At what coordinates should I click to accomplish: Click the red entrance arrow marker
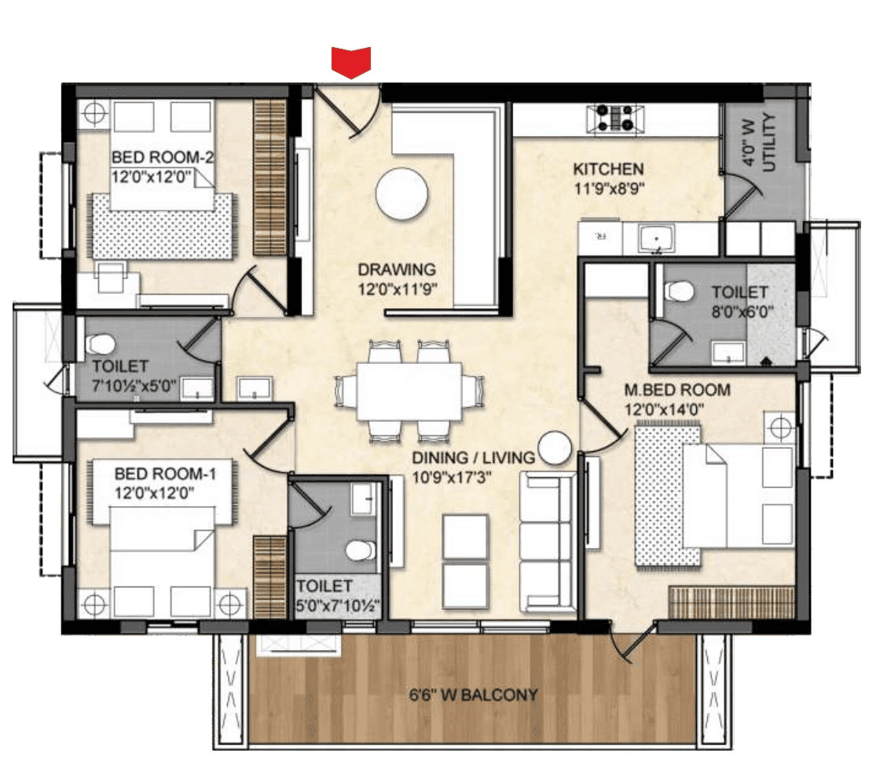pyautogui.click(x=350, y=62)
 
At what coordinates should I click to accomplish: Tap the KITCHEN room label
pyautogui.click(x=608, y=169)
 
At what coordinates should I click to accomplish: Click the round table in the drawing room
pyautogui.click(x=401, y=193)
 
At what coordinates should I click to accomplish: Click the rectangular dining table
pyautogui.click(x=408, y=391)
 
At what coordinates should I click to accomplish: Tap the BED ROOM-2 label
pyautogui.click(x=163, y=157)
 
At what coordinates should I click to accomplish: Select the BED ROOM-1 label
pyautogui.click(x=165, y=474)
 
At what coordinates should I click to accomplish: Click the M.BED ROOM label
pyautogui.click(x=676, y=390)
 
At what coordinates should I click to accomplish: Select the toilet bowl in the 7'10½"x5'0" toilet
pyautogui.click(x=100, y=344)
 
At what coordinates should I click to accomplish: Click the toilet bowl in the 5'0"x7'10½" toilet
pyautogui.click(x=360, y=550)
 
